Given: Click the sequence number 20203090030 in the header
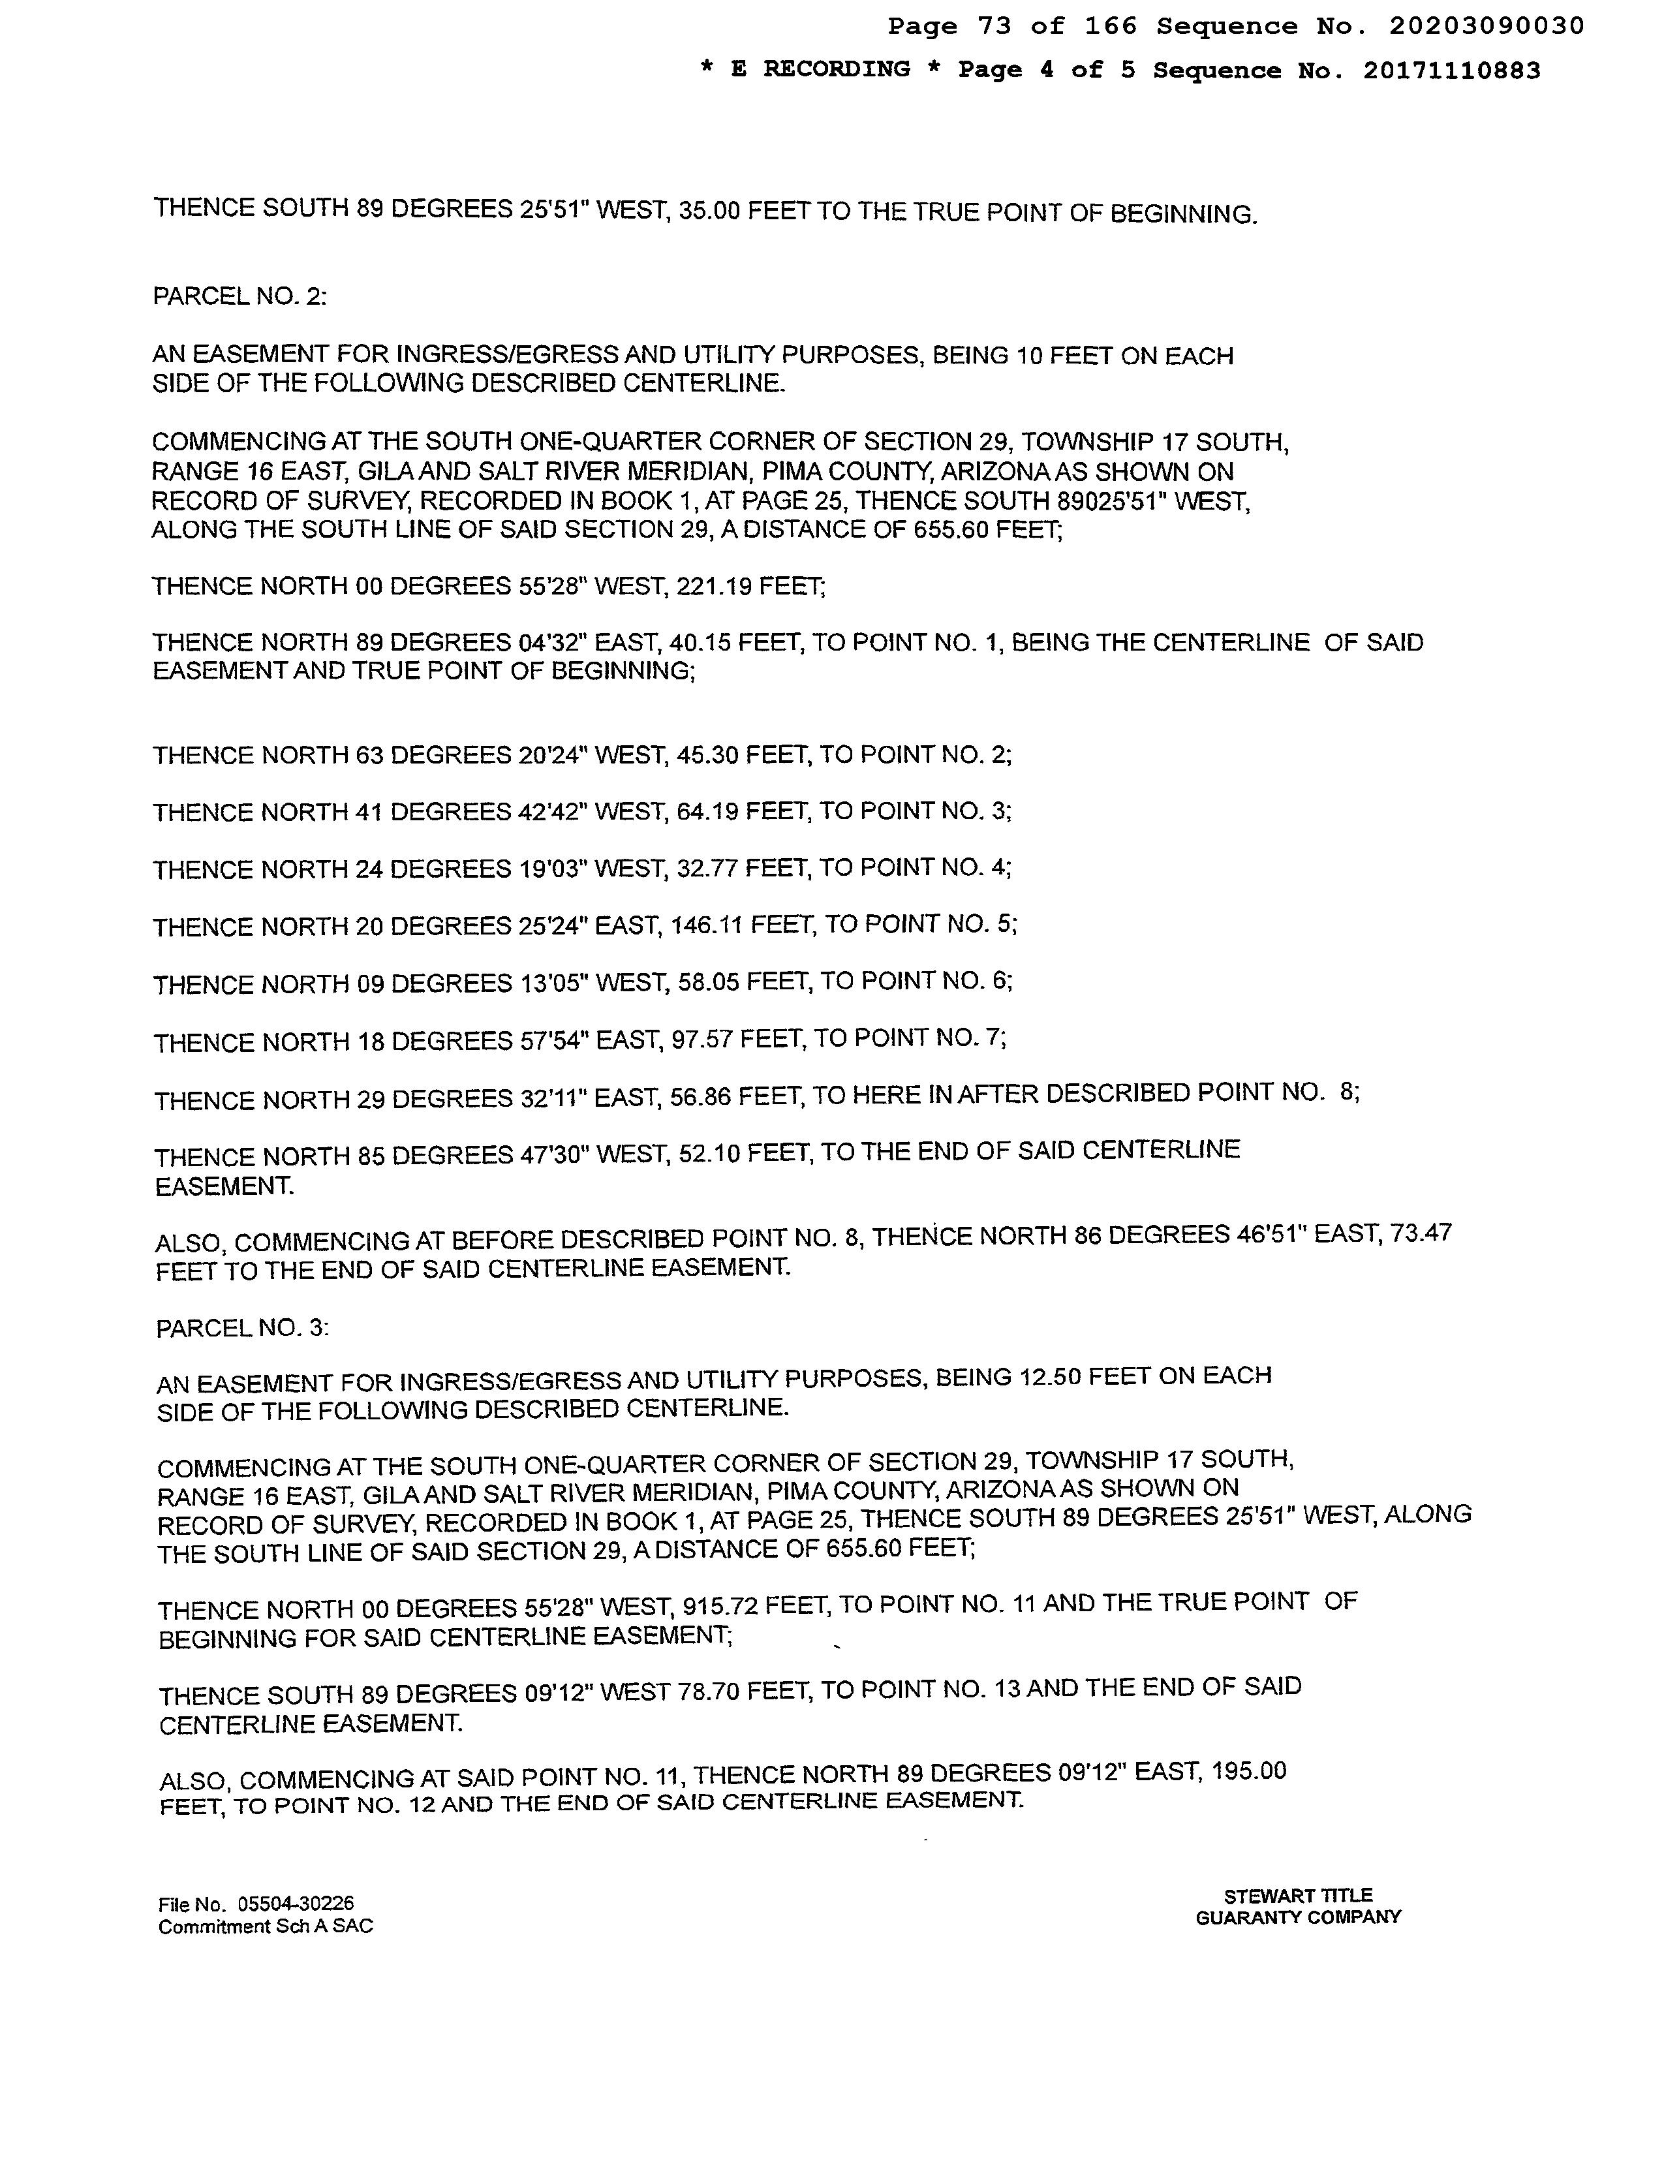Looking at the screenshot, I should click(1486, 27).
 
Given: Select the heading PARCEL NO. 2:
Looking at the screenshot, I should click(239, 296).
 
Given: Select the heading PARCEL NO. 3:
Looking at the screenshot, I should click(243, 1327).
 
